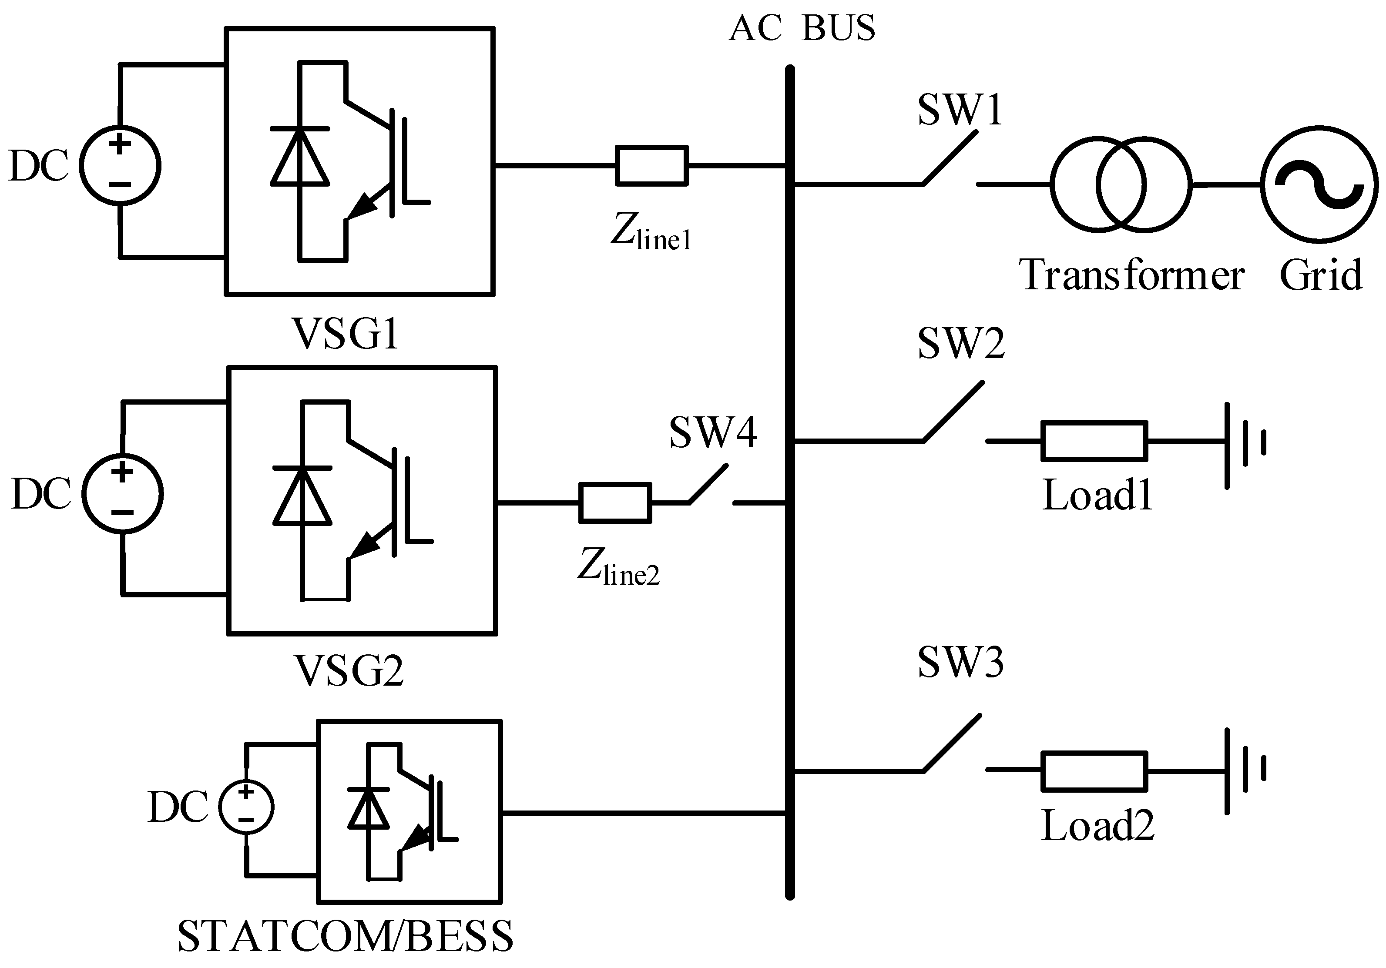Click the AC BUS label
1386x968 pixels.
802,28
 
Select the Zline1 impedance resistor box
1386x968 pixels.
651,165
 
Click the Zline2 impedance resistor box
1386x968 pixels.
615,502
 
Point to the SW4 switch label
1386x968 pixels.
712,433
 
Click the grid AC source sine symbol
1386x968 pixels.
1319,185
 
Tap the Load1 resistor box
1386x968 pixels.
1094,441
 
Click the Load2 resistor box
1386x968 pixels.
1094,770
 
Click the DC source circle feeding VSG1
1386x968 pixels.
121,165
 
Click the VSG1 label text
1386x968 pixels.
345,333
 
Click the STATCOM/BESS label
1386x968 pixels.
345,936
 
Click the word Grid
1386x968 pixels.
1321,275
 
